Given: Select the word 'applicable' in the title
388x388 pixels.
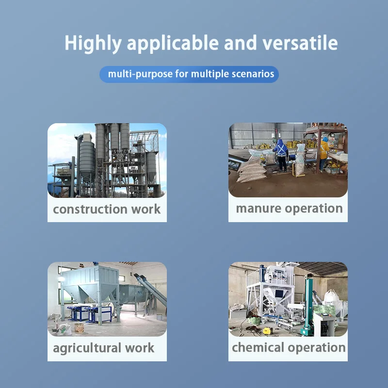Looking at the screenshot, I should pos(170,44).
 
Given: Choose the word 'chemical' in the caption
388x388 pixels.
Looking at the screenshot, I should pos(258,348).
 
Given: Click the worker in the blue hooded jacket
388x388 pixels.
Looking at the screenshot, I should pos(280,153).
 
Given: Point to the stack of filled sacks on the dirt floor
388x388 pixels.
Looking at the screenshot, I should pos(251,170).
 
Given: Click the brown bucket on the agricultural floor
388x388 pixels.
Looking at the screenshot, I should pos(79,328).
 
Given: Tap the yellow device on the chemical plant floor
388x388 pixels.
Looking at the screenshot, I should pos(267,330).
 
